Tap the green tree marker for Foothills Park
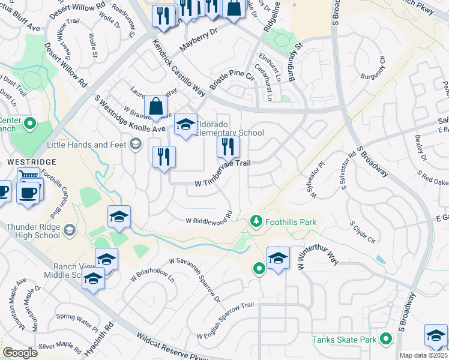[256, 222]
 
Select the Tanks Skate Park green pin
[387, 340]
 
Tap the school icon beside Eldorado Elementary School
[185, 124]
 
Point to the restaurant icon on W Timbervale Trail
[228, 146]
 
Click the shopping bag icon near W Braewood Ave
[155, 106]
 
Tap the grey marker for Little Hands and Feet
[136, 143]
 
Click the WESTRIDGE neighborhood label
[31, 162]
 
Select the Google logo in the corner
[20, 352]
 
